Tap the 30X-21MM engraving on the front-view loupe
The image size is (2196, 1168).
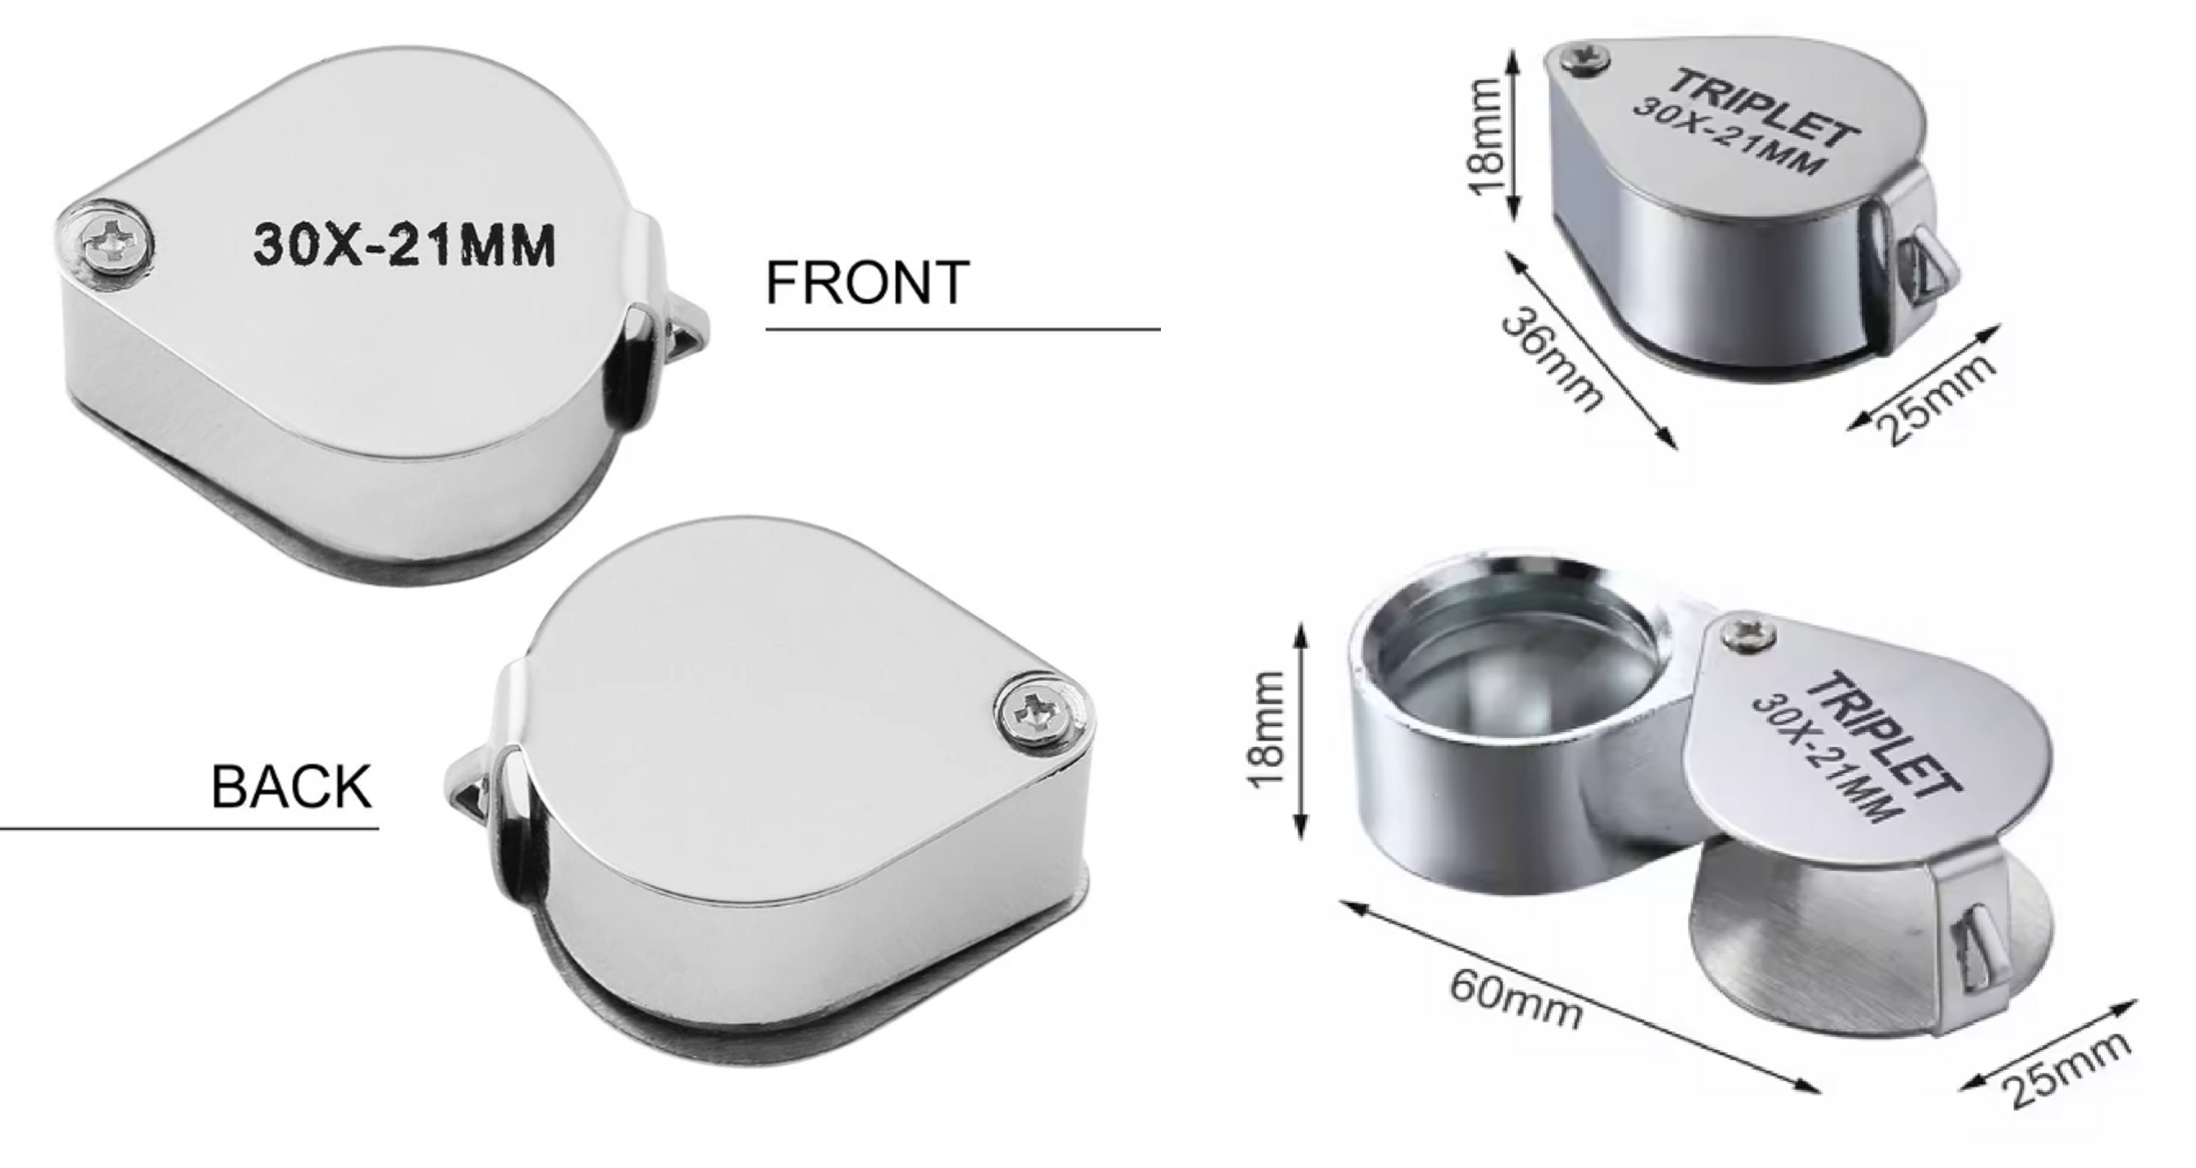[404, 245]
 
